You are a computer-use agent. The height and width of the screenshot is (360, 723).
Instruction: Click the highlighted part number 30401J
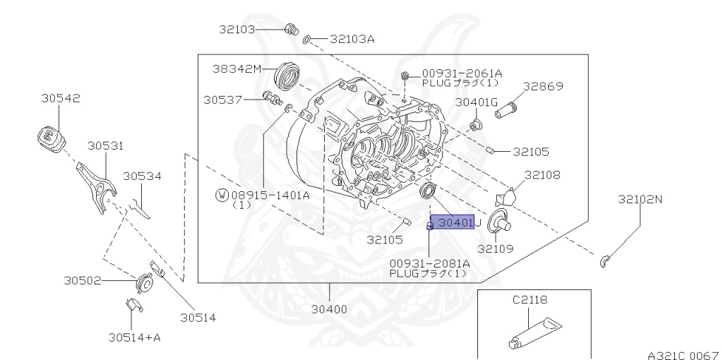point(455,223)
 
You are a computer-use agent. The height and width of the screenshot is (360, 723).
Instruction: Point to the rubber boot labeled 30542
point(50,137)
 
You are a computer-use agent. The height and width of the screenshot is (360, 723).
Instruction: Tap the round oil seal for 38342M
point(287,76)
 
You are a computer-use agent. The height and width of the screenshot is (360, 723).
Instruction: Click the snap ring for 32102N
point(605,263)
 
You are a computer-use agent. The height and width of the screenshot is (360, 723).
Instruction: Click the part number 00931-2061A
point(462,73)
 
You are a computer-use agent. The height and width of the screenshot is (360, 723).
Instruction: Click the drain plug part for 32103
point(289,29)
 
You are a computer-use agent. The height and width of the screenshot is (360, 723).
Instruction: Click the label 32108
point(543,174)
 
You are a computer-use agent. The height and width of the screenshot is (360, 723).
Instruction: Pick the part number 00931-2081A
point(429,263)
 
